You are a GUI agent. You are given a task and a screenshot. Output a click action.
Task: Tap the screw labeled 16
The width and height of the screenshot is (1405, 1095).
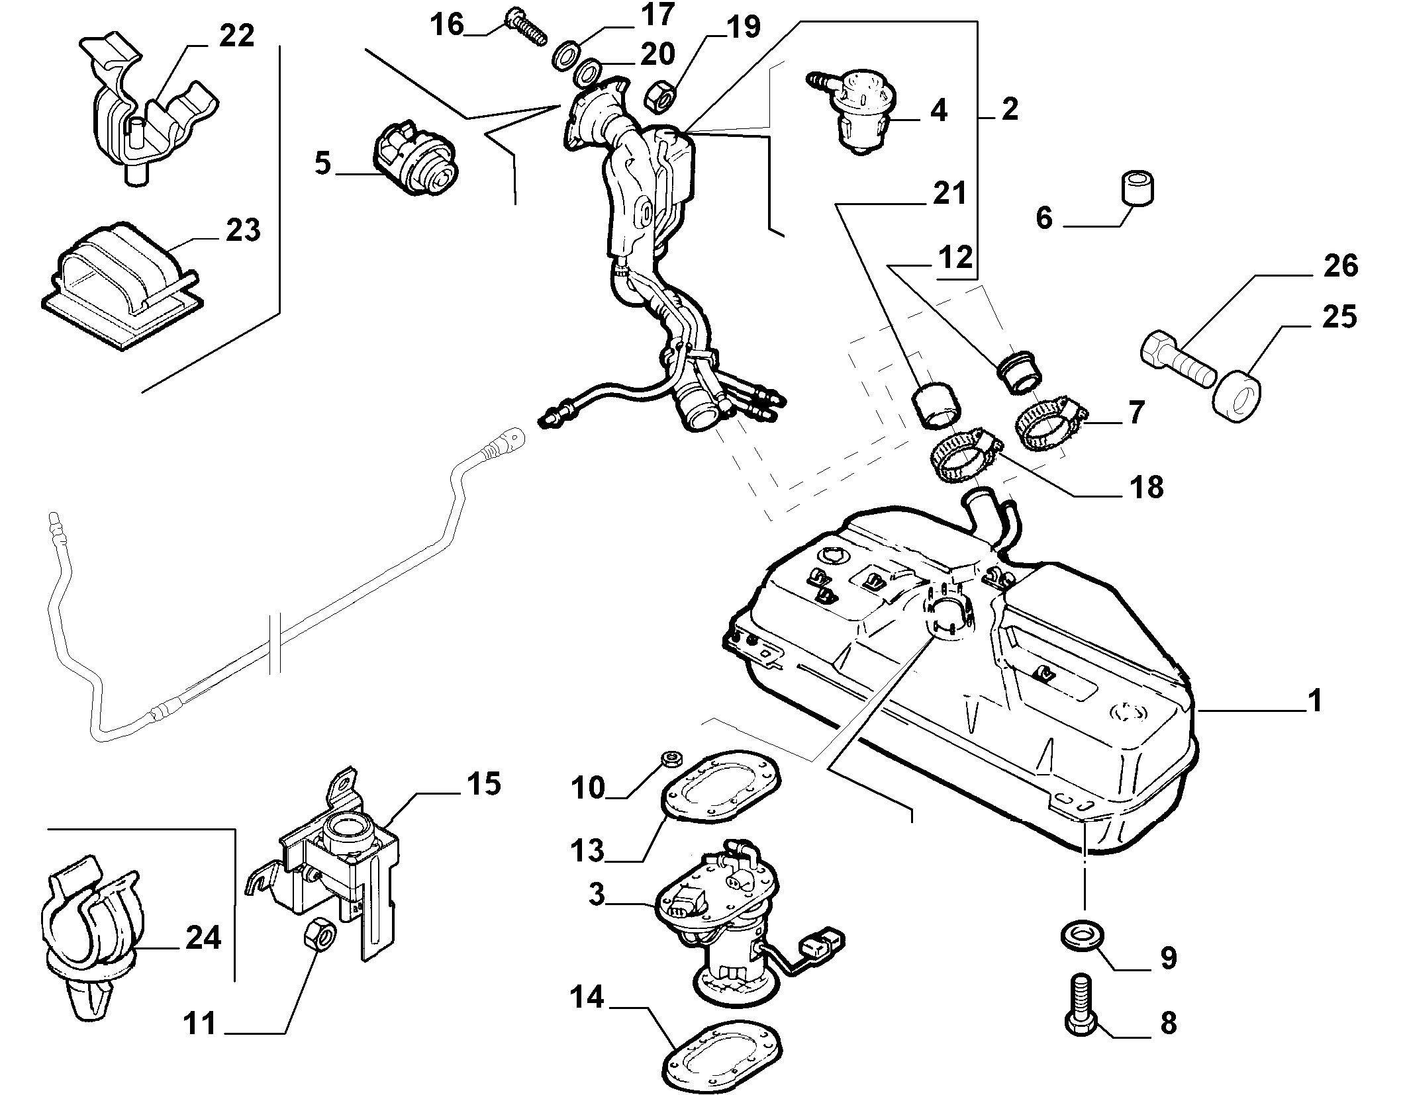[526, 26]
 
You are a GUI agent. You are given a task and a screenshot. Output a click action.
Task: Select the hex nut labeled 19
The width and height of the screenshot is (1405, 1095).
[659, 95]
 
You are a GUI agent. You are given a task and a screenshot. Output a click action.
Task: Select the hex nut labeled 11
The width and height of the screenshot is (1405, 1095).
[320, 936]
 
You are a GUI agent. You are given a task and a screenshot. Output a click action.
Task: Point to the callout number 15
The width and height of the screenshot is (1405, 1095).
[483, 785]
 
